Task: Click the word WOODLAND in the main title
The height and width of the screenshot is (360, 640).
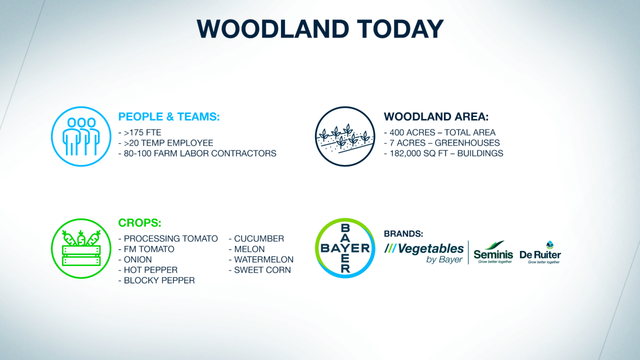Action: (x=273, y=29)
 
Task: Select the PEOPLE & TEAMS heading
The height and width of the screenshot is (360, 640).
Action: (x=169, y=116)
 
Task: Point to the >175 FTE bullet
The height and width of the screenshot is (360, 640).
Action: (x=139, y=132)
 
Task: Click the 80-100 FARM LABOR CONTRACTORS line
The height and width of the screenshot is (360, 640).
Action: (x=197, y=153)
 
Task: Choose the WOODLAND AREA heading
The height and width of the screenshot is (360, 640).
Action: (x=436, y=116)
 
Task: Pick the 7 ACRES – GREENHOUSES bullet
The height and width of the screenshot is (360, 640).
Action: (x=442, y=143)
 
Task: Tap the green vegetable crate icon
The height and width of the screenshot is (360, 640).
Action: (x=81, y=248)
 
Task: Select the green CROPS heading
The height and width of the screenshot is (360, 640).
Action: (x=139, y=223)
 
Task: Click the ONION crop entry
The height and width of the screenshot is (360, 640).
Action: (x=135, y=259)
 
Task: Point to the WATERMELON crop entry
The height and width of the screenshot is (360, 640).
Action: (x=261, y=259)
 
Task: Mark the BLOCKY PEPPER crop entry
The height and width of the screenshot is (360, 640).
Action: (x=156, y=280)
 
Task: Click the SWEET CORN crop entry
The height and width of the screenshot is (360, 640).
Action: (x=259, y=270)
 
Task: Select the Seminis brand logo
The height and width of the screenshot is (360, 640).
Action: (x=493, y=252)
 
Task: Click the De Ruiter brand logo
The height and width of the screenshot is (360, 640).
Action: (x=540, y=252)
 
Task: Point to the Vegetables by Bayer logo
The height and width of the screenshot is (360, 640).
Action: (x=423, y=252)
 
